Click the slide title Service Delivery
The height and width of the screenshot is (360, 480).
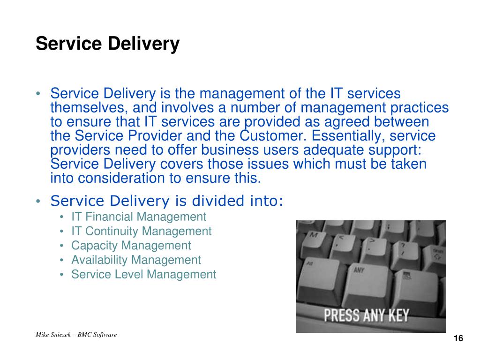tap(107, 44)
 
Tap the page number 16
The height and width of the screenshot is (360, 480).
tap(458, 338)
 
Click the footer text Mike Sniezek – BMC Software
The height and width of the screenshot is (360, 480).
tap(76, 335)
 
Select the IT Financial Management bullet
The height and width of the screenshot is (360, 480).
tap(139, 217)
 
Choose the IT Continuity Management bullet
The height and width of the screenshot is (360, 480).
tap(142, 231)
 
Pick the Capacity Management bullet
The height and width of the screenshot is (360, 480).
tap(131, 246)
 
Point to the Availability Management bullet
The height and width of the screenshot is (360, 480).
tap(136, 260)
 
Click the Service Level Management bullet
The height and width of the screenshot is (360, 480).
tap(144, 274)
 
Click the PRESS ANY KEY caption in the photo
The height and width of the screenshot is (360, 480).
tap(367, 315)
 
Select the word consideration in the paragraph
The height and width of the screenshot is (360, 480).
tap(121, 178)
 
